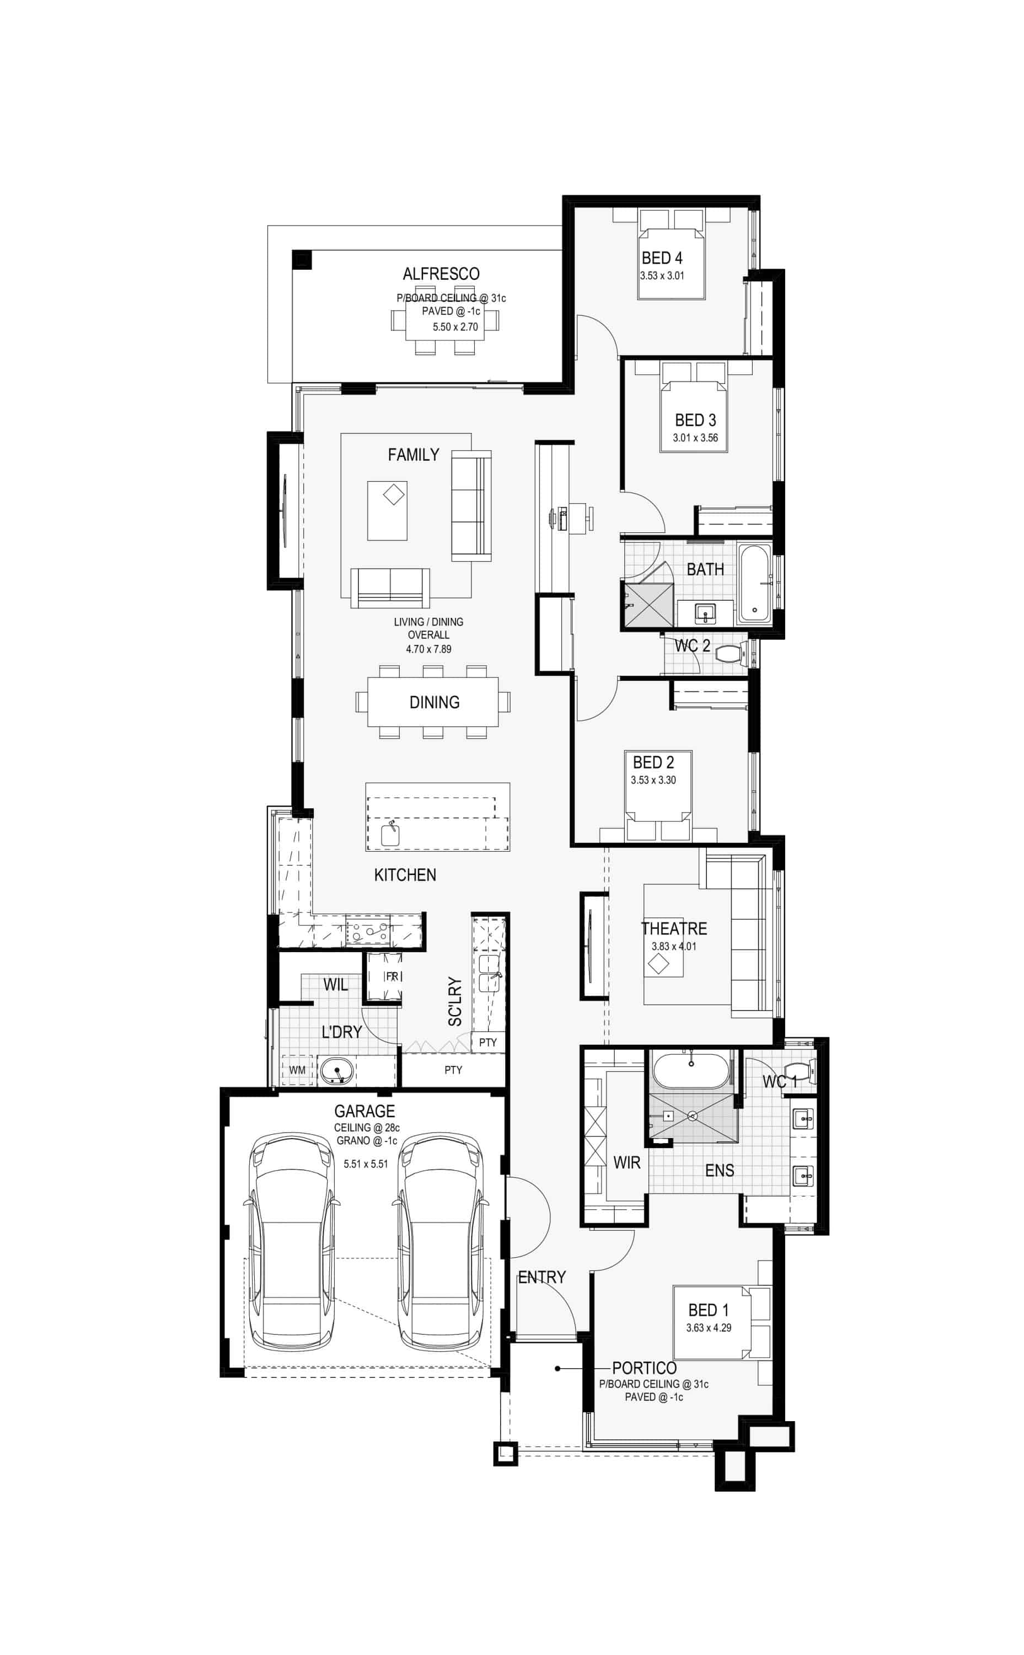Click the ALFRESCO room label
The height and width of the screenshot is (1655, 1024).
click(441, 274)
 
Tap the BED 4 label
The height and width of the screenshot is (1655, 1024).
click(662, 258)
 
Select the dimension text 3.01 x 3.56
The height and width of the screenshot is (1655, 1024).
click(695, 437)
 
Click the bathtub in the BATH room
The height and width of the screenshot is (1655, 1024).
click(753, 582)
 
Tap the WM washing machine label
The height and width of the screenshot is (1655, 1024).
click(297, 1070)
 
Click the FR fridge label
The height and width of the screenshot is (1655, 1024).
click(392, 976)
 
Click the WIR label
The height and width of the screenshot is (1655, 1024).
click(626, 1163)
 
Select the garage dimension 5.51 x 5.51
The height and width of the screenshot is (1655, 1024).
click(366, 1164)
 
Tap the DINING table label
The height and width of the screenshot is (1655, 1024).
click(434, 702)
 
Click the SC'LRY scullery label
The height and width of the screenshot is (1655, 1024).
click(455, 1001)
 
